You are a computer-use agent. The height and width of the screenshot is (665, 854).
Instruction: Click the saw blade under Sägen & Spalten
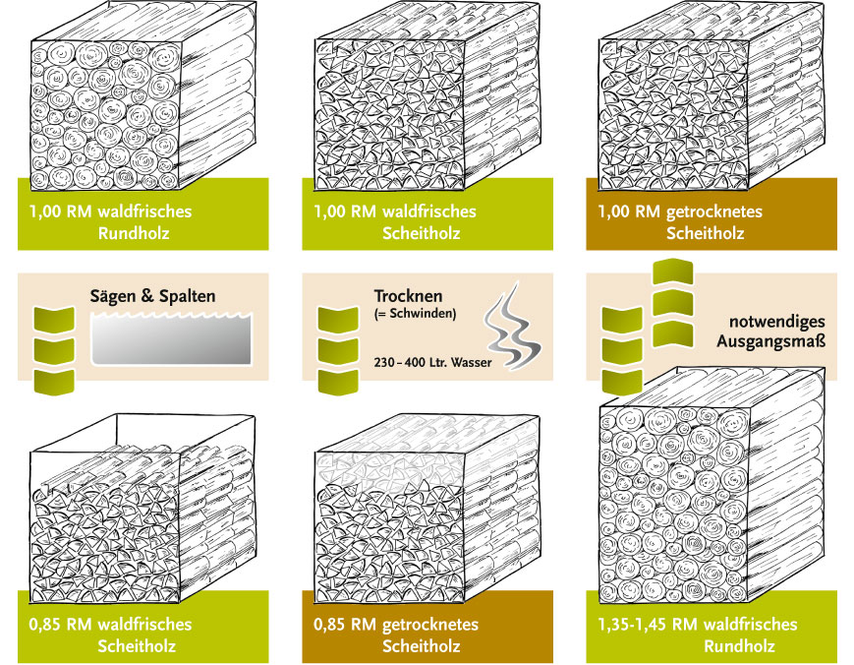(x=171, y=338)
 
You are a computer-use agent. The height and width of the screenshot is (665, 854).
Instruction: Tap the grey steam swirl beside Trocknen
(x=512, y=327)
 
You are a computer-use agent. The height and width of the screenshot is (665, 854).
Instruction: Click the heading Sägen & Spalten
(x=152, y=296)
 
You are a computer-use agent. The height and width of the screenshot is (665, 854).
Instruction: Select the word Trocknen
(x=408, y=296)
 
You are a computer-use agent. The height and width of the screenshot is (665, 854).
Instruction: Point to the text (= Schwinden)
(x=415, y=314)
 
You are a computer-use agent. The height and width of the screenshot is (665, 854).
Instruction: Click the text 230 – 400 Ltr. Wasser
(x=432, y=362)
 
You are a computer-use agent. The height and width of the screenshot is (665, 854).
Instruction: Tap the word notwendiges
(x=777, y=322)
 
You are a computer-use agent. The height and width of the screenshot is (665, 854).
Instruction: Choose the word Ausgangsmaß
(x=770, y=341)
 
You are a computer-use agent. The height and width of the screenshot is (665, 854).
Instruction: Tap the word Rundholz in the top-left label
(x=134, y=233)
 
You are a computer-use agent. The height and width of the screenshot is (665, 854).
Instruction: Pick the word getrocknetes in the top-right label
(x=714, y=212)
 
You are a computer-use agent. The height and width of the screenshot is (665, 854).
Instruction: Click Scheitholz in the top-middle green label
(x=421, y=233)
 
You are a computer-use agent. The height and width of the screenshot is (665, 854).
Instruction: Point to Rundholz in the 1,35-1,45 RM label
(x=739, y=646)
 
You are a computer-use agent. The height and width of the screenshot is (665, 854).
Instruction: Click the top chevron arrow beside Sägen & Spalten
(x=54, y=320)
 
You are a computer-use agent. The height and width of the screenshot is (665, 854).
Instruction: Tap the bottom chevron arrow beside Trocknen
(x=338, y=382)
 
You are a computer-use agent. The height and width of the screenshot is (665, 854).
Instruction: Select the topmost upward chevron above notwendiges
(x=672, y=272)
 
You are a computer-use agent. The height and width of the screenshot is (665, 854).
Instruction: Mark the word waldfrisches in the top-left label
(x=152, y=212)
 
